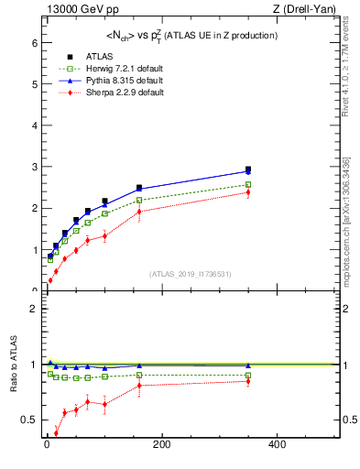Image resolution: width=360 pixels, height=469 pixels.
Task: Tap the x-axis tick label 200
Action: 161,446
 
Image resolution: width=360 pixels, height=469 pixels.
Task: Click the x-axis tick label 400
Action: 277,446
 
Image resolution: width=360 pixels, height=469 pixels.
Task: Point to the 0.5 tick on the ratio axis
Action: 28,420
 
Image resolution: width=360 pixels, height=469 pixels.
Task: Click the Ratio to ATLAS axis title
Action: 12,365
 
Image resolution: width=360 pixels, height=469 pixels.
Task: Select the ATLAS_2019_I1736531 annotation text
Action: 191,274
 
